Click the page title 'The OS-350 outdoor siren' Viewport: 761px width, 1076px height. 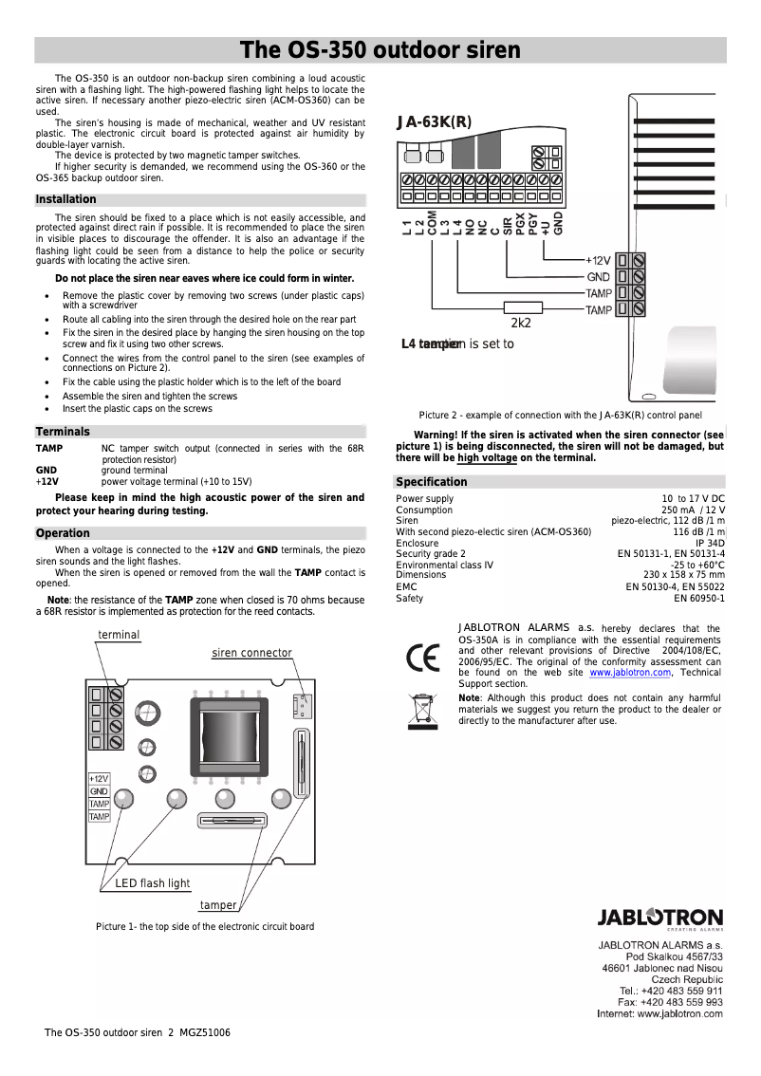(380, 50)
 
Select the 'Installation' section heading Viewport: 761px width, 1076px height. (66, 199)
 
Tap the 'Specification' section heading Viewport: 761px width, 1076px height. (432, 482)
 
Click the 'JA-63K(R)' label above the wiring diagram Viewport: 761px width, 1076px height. (434, 121)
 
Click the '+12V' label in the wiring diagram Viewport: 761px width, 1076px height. (597, 260)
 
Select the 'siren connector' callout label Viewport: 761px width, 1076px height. (251, 653)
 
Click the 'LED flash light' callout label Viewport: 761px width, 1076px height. (152, 883)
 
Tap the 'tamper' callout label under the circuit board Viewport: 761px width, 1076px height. (218, 905)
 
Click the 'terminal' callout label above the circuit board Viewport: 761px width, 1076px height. (119, 635)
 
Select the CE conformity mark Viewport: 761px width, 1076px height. (421, 657)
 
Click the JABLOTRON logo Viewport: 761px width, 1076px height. (659, 918)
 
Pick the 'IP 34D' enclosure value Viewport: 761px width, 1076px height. (710, 544)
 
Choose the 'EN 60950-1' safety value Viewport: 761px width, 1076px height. (699, 599)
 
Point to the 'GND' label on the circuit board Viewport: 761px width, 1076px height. (99, 791)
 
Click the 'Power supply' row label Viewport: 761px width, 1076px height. (424, 499)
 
